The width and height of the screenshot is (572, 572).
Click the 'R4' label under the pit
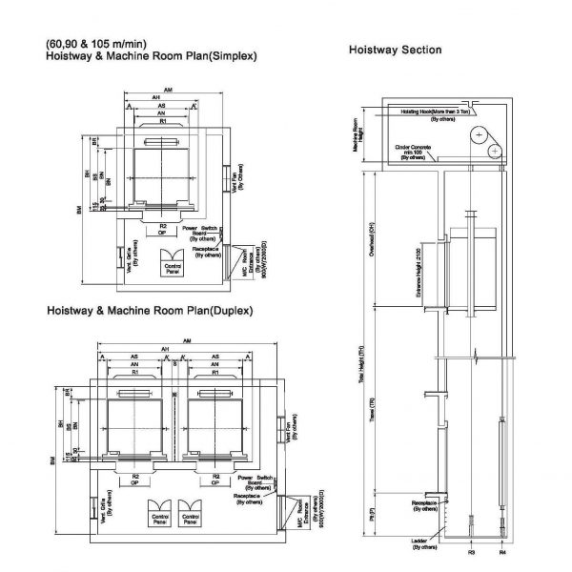(x=502, y=552)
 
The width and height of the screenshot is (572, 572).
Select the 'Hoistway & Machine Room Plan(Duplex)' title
(x=150, y=311)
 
